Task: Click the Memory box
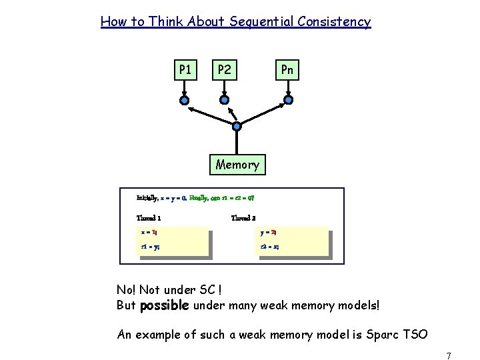[237, 164]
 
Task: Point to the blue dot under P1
[184, 101]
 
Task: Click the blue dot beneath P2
[225, 101]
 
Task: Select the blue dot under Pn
[287, 101]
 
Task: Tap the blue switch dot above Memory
[237, 125]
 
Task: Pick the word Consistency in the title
[335, 22]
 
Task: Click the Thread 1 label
[148, 218]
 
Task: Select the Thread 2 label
[243, 218]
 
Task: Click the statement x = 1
[149, 233]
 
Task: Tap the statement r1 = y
[150, 247]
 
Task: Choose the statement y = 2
[269, 233]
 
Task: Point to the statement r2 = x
[269, 247]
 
